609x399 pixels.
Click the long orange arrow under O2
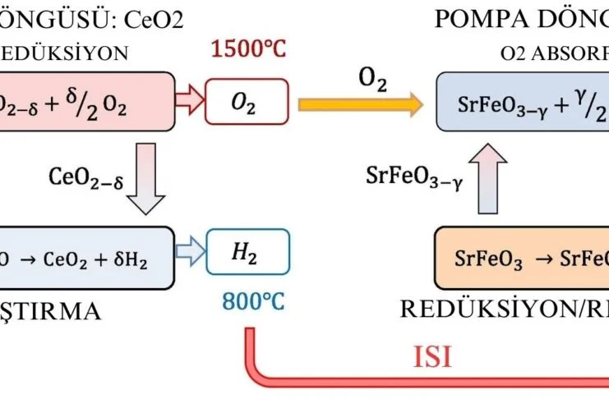(361, 104)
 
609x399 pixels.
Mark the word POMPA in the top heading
(491, 19)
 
